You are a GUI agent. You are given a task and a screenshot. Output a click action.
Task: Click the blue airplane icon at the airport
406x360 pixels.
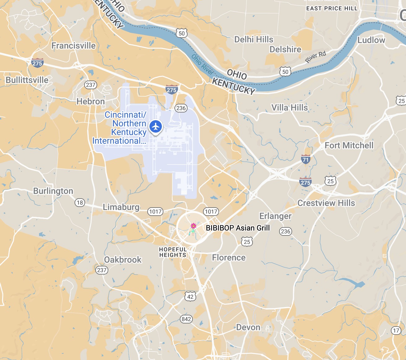point(156,126)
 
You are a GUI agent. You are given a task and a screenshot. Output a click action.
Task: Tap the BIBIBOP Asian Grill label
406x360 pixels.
point(238,228)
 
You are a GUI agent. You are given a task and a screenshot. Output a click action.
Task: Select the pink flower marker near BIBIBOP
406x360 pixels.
point(193,226)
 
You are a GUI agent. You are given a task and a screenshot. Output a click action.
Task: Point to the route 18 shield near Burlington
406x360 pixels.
point(80,203)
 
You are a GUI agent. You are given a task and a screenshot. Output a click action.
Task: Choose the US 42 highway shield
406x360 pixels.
point(190,296)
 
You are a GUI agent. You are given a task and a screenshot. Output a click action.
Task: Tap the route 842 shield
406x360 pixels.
point(186,319)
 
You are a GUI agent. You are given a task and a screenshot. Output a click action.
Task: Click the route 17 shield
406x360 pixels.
point(396,331)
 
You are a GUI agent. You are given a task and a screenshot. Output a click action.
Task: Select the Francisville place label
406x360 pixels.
point(73,46)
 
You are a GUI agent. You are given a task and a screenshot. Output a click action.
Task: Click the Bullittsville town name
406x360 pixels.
point(27,80)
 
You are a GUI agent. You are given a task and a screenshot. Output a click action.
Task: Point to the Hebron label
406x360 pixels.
point(91,102)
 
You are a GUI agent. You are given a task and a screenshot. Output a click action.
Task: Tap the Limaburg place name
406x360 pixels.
point(121,207)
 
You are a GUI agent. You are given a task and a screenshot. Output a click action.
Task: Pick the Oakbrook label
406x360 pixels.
point(123,260)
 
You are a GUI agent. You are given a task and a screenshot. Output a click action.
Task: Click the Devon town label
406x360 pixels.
point(248,327)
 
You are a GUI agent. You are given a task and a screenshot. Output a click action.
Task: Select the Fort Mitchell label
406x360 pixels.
point(349,145)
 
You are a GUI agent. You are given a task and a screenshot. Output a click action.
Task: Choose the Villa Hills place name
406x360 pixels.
point(290,108)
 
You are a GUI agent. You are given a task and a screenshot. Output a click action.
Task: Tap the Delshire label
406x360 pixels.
point(285,50)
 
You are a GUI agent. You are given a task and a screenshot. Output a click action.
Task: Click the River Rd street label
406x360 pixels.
point(316,57)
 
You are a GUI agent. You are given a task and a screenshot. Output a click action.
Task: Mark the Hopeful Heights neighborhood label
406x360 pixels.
point(173,252)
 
